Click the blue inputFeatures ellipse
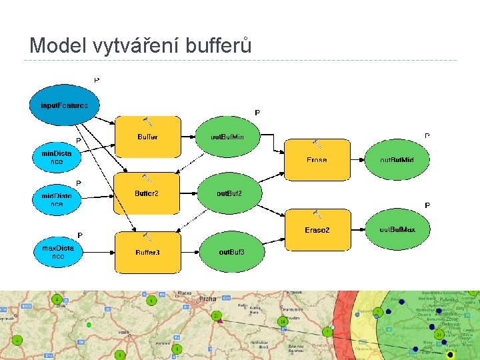64,105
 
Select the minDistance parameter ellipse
57,157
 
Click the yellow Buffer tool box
148,137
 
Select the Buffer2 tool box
147,193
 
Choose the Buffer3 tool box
147,252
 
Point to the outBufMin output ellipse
227,137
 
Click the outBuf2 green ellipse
229,193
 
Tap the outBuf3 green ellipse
231,252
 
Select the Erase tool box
317,160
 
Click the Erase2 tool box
317,229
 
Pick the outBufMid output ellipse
397,160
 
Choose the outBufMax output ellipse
397,229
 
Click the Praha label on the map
207,299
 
